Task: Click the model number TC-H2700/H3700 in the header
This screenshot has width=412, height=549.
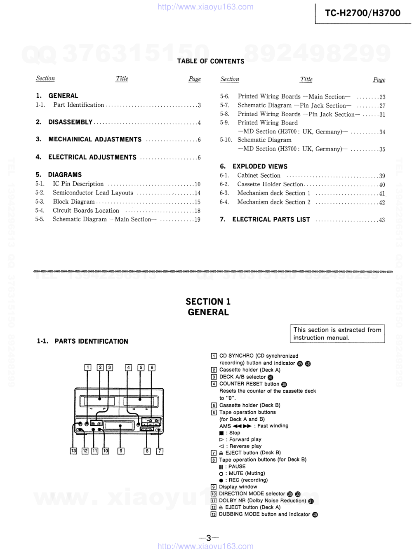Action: [x=363, y=13]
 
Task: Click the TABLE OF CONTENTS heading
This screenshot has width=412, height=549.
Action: [x=210, y=61]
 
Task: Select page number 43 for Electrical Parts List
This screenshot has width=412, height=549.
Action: [x=382, y=220]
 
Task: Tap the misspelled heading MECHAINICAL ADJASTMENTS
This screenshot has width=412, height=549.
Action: [x=95, y=139]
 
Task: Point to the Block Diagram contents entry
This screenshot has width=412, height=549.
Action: [x=74, y=202]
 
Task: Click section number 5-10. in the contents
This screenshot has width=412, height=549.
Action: [x=226, y=140]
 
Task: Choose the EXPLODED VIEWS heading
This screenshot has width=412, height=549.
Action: [x=260, y=167]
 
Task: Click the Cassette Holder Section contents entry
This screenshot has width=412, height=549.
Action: [x=270, y=184]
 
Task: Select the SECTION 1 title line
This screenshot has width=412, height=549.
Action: [x=208, y=301]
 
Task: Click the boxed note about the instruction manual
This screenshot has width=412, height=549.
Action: [x=337, y=333]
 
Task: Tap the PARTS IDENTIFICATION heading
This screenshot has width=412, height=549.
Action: [x=91, y=341]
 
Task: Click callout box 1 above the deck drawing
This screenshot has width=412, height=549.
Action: [x=88, y=367]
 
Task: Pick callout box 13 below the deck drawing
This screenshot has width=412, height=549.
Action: [x=73, y=451]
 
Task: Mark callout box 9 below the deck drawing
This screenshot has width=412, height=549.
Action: [x=121, y=451]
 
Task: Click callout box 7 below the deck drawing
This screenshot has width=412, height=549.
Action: [x=160, y=451]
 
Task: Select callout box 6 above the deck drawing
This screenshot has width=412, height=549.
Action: [x=152, y=367]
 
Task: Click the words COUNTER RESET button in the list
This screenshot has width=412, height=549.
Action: [x=249, y=384]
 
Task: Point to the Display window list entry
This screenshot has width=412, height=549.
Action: [x=238, y=487]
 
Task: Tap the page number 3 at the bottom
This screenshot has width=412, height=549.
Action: [x=208, y=538]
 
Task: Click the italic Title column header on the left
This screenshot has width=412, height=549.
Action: [x=122, y=78]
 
